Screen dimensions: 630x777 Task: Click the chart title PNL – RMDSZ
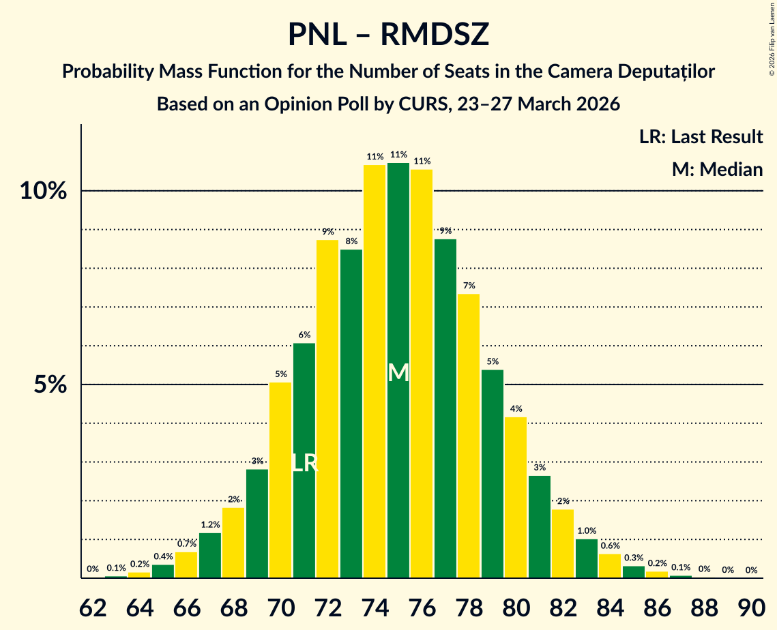pos(388,34)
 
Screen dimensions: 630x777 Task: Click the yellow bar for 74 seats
pos(375,372)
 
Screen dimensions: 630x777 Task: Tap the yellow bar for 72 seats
pos(327,409)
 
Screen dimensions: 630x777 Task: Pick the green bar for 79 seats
pos(493,474)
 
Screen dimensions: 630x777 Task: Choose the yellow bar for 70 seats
pos(280,480)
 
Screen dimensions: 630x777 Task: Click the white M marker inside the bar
pos(398,373)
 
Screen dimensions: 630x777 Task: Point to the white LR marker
pos(304,464)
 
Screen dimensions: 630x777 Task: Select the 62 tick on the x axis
pos(93,605)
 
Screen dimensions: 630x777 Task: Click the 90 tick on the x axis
pos(751,605)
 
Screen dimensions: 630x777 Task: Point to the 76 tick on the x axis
pos(422,605)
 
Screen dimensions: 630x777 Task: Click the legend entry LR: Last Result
pos(701,137)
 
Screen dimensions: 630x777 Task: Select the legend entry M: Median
pos(717,170)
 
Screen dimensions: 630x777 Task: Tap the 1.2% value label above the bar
pos(210,525)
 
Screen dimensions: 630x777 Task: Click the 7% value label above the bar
pos(469,286)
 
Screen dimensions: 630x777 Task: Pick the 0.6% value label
pos(610,545)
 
